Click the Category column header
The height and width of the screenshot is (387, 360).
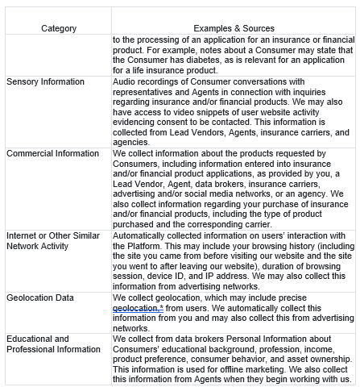tap(59, 28)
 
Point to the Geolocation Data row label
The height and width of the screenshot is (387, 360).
tap(40, 298)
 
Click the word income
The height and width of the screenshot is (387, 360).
tap(321, 348)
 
